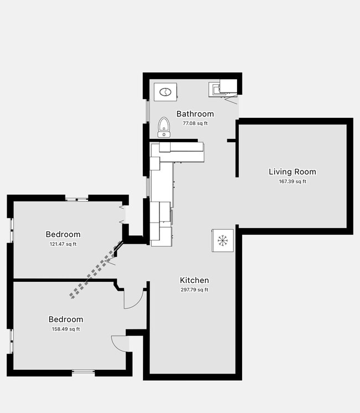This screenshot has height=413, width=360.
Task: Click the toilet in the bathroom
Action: pyautogui.click(x=164, y=126)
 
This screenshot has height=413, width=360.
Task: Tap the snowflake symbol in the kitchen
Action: pyautogui.click(x=223, y=240)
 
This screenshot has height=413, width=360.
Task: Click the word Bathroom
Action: pyautogui.click(x=195, y=114)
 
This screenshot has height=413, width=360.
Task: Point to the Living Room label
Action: pyautogui.click(x=292, y=172)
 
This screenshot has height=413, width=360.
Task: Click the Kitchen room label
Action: pyautogui.click(x=194, y=280)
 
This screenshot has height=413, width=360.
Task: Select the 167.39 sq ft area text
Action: pyautogui.click(x=292, y=181)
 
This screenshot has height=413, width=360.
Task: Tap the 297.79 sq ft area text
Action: pyautogui.click(x=194, y=290)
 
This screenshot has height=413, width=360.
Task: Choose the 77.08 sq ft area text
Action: pyautogui.click(x=195, y=123)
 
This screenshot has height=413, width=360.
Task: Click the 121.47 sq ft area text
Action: pyautogui.click(x=63, y=244)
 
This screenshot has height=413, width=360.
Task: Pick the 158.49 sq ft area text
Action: pyautogui.click(x=66, y=329)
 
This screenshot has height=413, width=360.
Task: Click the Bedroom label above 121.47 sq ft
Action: pyautogui.click(x=63, y=235)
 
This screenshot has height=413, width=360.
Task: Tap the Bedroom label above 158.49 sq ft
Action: pyautogui.click(x=66, y=319)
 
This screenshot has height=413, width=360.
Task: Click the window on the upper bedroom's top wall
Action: pyautogui.click(x=76, y=198)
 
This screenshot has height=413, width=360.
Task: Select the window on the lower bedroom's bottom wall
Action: pyautogui.click(x=83, y=373)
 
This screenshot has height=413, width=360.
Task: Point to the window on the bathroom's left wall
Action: pyautogui.click(x=146, y=111)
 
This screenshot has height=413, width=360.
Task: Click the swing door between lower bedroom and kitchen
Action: pyautogui.click(x=133, y=299)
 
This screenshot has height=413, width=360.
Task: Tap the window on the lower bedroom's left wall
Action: pyautogui.click(x=11, y=342)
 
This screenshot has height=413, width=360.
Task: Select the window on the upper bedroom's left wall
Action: pyautogui.click(x=11, y=230)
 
